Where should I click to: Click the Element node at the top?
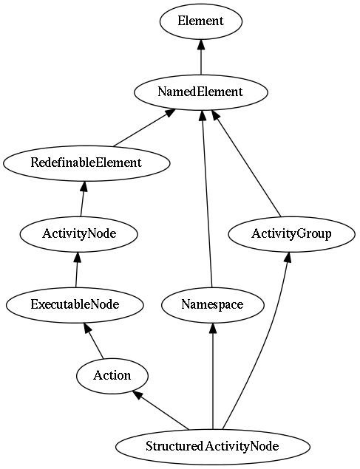(201, 21)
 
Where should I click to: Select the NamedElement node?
(201, 92)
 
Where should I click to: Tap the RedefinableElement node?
(86, 163)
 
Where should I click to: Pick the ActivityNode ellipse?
(79, 234)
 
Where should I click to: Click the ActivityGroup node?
(292, 234)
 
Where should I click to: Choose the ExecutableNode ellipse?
(75, 305)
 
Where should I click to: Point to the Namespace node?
(213, 305)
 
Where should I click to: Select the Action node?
(112, 376)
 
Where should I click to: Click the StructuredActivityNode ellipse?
(213, 447)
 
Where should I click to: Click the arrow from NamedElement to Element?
(201, 57)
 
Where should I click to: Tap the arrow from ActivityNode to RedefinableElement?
(83, 199)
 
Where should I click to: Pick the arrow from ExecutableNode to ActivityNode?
(77, 270)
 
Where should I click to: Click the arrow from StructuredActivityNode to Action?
(161, 411)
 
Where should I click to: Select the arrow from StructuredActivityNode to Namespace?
(213, 376)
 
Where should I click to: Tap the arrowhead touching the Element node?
(201, 45)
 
